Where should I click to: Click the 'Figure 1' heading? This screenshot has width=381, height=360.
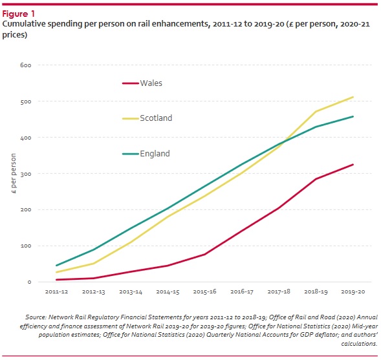click(x=20, y=13)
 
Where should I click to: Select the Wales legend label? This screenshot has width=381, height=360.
click(x=151, y=83)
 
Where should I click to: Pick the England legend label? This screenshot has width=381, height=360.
click(x=155, y=154)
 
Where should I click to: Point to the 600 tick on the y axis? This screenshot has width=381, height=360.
click(x=26, y=65)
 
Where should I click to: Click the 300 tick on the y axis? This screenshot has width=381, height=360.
click(x=26, y=174)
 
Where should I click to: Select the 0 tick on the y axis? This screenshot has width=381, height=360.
click(x=29, y=282)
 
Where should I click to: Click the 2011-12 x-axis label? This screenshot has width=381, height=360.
click(x=58, y=292)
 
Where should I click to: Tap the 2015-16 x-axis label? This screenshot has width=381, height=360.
click(x=205, y=292)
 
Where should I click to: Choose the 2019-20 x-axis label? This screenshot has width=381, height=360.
click(x=353, y=292)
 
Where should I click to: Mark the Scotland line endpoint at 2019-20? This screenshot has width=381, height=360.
click(x=353, y=97)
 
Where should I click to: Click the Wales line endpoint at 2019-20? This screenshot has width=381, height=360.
click(x=353, y=165)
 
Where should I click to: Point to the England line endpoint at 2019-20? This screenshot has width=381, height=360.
click(x=353, y=116)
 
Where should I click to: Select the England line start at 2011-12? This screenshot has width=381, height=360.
click(x=58, y=266)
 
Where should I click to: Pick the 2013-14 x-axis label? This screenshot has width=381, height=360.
click(x=131, y=292)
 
